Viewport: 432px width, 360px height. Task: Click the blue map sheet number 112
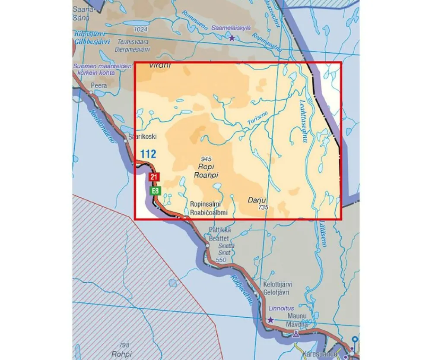coord(148,154)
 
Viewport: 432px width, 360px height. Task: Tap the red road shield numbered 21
coord(153,177)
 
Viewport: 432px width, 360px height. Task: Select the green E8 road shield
coord(153,191)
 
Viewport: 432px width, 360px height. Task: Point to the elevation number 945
coord(206,160)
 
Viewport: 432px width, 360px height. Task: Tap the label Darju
coord(256,200)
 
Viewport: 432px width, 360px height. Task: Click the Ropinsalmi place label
coord(206,205)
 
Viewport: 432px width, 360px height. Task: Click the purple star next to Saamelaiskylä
coord(232,38)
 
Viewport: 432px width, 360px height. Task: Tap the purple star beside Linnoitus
coord(270,320)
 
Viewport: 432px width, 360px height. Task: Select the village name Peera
coord(98,85)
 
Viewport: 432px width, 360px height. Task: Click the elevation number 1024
coord(141,29)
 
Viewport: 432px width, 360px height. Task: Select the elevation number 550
coord(221,260)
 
